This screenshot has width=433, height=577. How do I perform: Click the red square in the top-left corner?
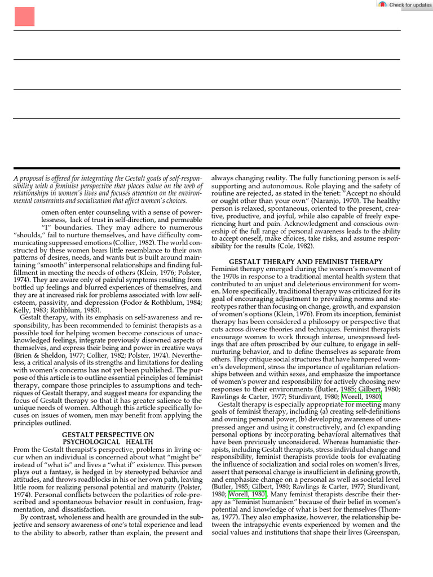click(x=24, y=17)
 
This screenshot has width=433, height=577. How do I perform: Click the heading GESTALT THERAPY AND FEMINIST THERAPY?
click(x=306, y=261)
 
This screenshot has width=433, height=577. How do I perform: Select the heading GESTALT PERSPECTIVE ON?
click(x=107, y=435)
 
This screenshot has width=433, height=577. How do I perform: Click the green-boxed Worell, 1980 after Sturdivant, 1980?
click(x=361, y=397)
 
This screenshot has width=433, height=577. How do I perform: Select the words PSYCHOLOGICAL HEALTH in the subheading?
click(x=107, y=442)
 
